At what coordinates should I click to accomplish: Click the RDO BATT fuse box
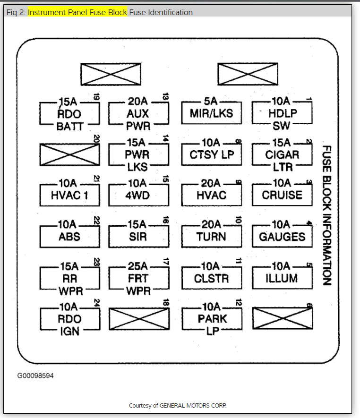pyautogui.click(x=69, y=114)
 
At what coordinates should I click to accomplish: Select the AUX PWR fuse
pyautogui.click(x=138, y=114)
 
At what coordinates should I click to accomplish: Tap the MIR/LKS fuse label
pyautogui.click(x=211, y=114)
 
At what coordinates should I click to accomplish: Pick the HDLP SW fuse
pyautogui.click(x=282, y=114)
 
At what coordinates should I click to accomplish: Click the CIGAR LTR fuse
pyautogui.click(x=282, y=155)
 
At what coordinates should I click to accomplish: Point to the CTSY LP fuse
pyautogui.click(x=211, y=154)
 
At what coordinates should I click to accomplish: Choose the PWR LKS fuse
pyautogui.click(x=138, y=155)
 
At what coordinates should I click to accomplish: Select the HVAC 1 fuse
pyautogui.click(x=69, y=195)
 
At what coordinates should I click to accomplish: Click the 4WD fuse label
pyautogui.click(x=138, y=195)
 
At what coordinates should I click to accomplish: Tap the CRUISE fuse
pyautogui.click(x=282, y=195)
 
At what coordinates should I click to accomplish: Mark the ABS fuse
pyautogui.click(x=69, y=236)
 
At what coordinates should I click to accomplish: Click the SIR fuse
pyautogui.click(x=138, y=236)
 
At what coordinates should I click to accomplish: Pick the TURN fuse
pyautogui.click(x=211, y=236)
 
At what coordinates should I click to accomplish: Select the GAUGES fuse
pyautogui.click(x=282, y=236)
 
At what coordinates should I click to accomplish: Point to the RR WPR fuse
pyautogui.click(x=69, y=278)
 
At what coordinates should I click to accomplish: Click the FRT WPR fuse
pyautogui.click(x=138, y=278)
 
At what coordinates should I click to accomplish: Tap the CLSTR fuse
pyautogui.click(x=211, y=278)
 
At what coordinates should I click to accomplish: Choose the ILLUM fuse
pyautogui.click(x=282, y=278)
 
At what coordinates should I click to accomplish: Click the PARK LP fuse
pyautogui.click(x=211, y=319)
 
